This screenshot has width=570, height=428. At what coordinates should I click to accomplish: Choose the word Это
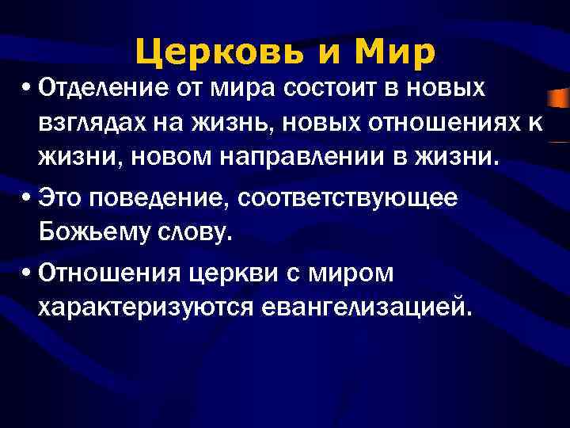61,198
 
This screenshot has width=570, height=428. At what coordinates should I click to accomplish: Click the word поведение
150,198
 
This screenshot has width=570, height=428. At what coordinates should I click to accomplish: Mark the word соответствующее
340,198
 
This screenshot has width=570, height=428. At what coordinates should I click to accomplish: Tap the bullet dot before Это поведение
27,199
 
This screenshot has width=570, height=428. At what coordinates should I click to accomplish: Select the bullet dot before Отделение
27,89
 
